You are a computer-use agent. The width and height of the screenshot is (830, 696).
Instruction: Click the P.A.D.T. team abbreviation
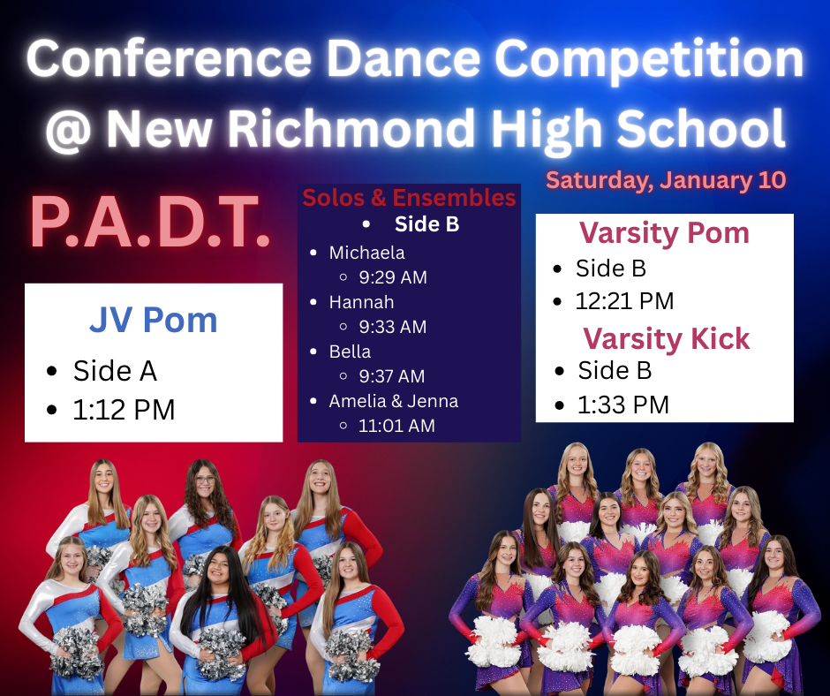coord(150,222)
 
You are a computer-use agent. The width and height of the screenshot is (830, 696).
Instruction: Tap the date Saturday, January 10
coord(666,180)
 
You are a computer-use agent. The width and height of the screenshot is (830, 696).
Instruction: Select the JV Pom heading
coord(154,320)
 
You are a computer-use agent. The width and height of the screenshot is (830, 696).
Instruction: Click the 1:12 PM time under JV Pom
coord(124,410)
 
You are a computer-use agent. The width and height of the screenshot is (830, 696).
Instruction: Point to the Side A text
coord(115,370)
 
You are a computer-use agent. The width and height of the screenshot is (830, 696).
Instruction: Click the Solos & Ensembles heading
coord(409,198)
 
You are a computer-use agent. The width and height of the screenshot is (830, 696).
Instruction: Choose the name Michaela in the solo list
coord(366,253)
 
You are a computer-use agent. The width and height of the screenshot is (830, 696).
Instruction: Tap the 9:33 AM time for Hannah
coord(393,327)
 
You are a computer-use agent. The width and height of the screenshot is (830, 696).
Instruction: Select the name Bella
coord(350,352)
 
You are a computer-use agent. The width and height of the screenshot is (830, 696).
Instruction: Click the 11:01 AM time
coord(397,426)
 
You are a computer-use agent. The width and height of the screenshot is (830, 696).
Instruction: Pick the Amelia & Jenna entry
coord(393,401)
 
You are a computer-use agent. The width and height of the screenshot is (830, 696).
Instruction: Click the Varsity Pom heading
coord(664,233)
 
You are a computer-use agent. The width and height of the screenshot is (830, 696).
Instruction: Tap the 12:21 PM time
coord(624,301)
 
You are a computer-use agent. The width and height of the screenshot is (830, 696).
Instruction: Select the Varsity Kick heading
coord(667,338)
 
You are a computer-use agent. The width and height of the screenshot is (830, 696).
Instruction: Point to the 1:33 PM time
coord(623,405)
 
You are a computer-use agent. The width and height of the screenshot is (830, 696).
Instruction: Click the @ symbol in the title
coord(69,130)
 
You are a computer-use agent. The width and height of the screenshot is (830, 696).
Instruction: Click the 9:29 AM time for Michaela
coord(393,277)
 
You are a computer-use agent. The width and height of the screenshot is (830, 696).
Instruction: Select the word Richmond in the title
coord(351,128)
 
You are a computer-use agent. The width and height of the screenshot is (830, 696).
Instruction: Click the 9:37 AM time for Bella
coord(392,376)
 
